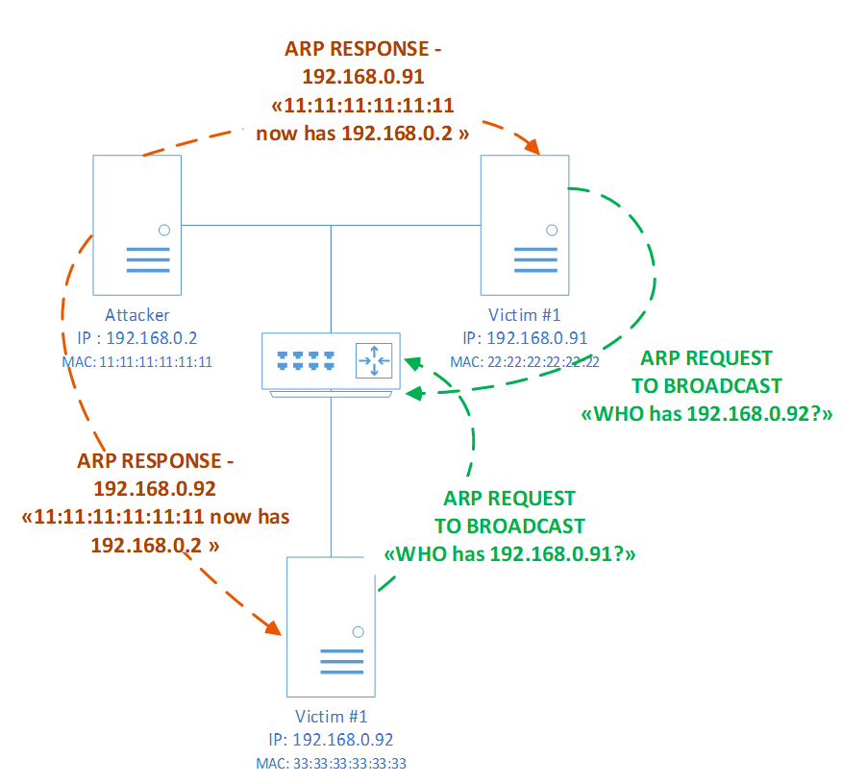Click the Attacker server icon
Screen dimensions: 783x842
pos(136,225)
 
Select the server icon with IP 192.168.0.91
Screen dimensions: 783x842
pos(525,225)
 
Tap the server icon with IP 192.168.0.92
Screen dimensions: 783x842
pos(331,626)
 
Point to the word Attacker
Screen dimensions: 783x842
pos(137,315)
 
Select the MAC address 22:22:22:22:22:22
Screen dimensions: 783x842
pos(524,362)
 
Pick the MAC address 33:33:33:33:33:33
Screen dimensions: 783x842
pos(332,764)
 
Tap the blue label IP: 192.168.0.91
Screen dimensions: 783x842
pos(525,338)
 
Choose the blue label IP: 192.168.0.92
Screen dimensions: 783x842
pos(332,740)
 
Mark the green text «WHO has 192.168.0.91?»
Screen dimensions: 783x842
pos(509,555)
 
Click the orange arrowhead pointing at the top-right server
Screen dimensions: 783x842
pos(530,144)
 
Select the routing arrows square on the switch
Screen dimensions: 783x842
pos(374,360)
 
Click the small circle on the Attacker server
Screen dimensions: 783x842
pos(164,230)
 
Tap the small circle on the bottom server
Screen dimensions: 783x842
pos(358,631)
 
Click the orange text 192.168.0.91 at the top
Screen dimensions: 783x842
pos(363,76)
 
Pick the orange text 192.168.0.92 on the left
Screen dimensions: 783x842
pos(155,488)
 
